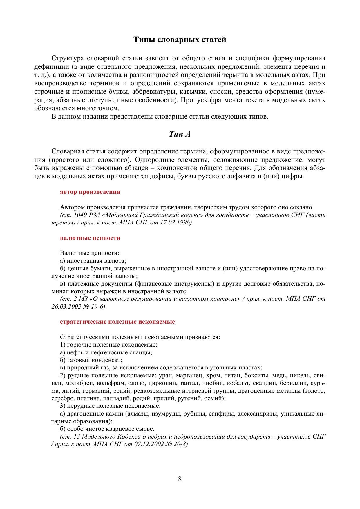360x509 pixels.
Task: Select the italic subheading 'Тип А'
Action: (180, 134)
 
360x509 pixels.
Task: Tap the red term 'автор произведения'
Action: (90, 192)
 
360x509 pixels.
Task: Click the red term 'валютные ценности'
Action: (90, 238)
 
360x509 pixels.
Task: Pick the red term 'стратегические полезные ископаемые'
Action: (117, 322)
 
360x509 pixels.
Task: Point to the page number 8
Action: (180, 479)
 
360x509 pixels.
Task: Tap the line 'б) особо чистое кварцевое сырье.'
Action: (107, 429)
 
